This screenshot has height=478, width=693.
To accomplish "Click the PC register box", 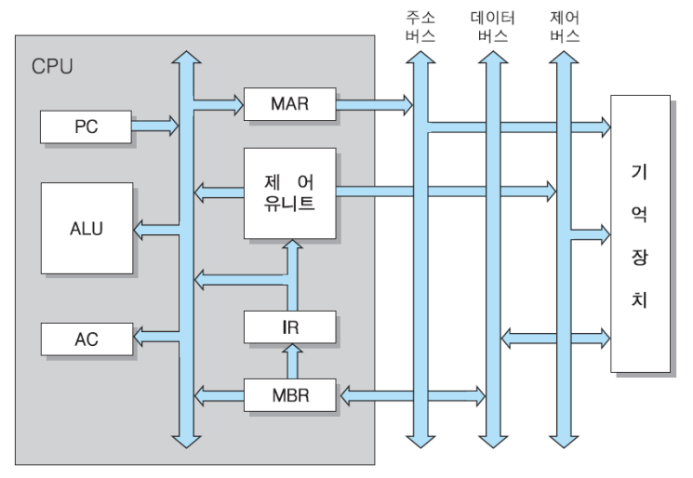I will click(86, 126).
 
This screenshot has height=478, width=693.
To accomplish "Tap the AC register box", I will click(86, 339).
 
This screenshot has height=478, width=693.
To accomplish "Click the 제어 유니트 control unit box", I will click(288, 193).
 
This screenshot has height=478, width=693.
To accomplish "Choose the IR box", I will click(288, 326).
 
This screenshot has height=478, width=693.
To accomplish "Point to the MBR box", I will click(288, 394).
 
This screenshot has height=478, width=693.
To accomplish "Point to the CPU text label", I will click(52, 67).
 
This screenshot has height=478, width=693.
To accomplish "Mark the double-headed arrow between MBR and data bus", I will click(409, 394).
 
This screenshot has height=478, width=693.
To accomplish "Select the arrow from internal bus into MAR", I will click(219, 97).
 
